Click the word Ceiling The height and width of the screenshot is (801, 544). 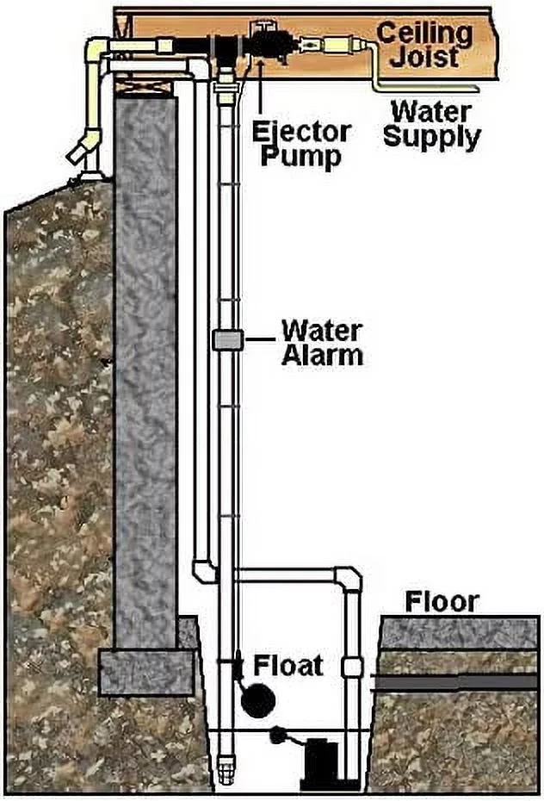424,34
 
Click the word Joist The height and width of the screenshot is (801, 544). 424,56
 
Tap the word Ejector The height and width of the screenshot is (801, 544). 301,133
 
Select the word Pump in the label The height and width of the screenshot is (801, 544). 300,155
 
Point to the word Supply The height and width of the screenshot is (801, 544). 432,137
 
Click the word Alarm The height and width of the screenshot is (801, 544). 323,355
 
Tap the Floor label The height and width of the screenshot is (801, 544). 442,602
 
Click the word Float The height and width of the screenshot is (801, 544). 288,666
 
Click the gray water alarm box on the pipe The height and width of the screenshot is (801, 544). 227,340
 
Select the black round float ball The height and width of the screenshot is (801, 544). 257,701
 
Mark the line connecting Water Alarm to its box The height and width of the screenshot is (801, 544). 259,339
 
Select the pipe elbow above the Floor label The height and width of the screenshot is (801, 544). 349,578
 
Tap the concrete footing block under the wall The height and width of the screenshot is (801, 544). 146,671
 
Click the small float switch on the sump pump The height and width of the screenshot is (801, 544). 278,734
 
